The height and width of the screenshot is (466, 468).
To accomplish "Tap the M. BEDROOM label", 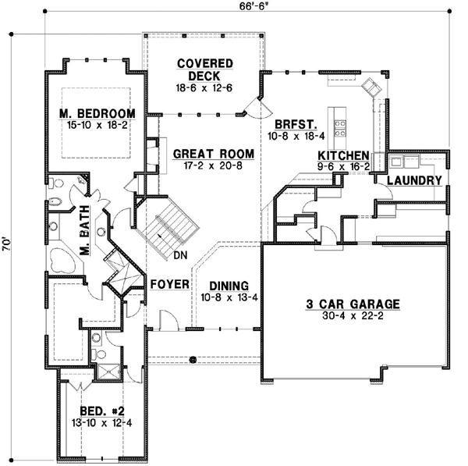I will (x=97, y=113).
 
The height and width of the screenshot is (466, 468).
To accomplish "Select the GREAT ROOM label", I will (x=205, y=154).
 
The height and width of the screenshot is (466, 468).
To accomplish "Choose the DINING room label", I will (x=224, y=286).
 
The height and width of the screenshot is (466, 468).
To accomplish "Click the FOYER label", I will (x=170, y=284).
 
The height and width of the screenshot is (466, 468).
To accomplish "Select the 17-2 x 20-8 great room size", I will (x=205, y=166).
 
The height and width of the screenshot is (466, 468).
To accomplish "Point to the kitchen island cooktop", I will (x=340, y=122).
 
